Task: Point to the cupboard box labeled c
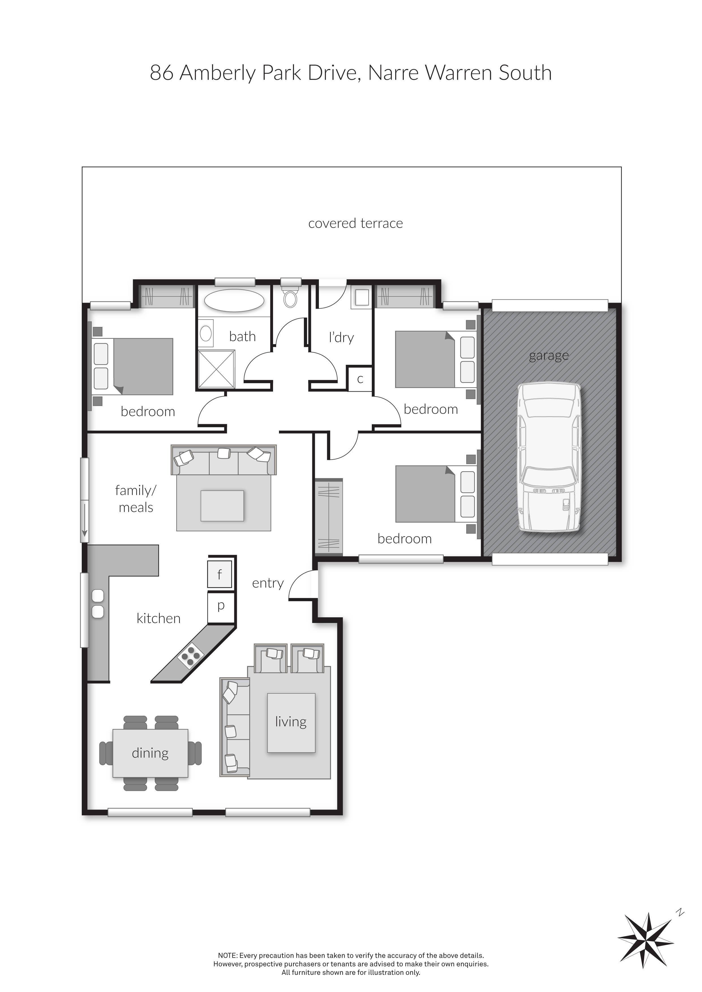(360, 379)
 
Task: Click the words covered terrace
(355, 223)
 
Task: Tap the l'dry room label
(342, 337)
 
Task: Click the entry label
(268, 583)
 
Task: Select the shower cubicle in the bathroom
(217, 369)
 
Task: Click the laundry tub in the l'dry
(362, 297)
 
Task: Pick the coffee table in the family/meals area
(222, 506)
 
